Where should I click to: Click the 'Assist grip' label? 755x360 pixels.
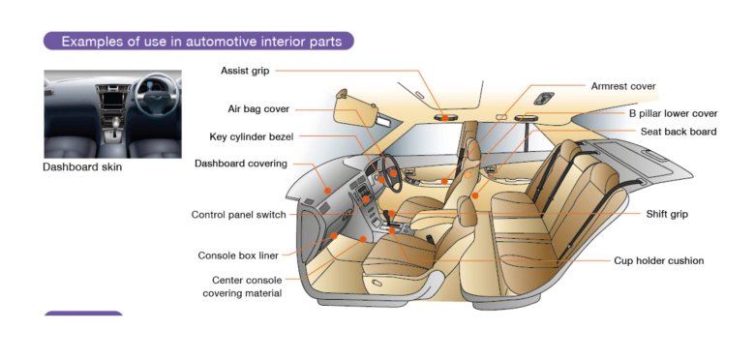[x=245, y=71]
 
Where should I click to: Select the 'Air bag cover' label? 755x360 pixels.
[x=257, y=109]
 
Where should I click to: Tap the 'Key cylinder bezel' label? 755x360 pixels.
[x=251, y=136]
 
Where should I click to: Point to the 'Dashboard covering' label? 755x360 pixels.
[x=240, y=164]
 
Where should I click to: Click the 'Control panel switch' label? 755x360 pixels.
[x=238, y=215]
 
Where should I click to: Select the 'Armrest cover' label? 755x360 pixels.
[x=622, y=86]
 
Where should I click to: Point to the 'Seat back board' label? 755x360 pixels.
[x=678, y=132]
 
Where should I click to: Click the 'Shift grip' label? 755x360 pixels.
[x=667, y=214]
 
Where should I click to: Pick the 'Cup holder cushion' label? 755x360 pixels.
[x=658, y=260]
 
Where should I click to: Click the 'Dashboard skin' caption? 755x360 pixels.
[x=82, y=167]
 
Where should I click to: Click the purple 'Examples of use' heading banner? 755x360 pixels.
[x=198, y=42]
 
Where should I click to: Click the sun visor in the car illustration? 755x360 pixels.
[x=349, y=107]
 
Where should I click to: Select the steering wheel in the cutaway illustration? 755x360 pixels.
[x=384, y=174]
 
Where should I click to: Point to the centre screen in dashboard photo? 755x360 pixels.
[x=113, y=97]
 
